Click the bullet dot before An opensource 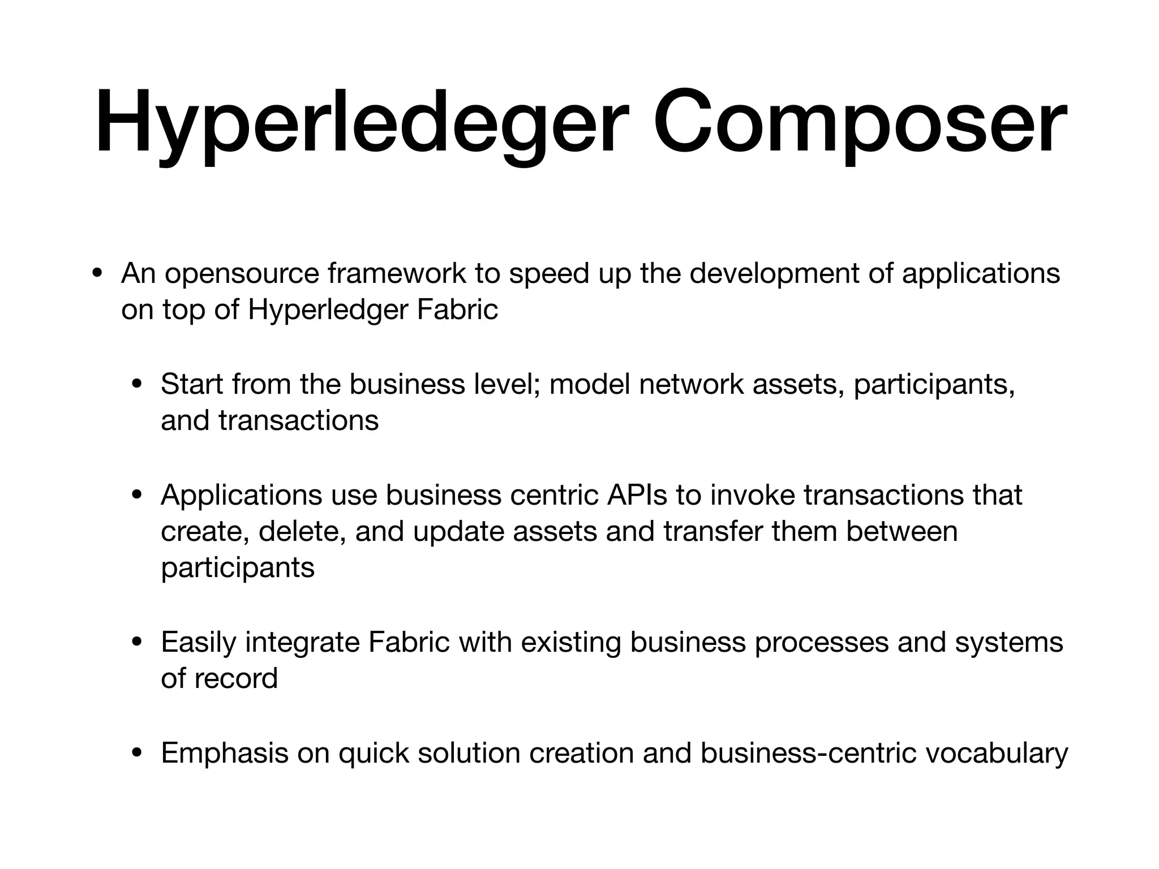pyautogui.click(x=97, y=274)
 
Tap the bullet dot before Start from pyautogui.click(x=137, y=385)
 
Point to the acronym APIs pyautogui.click(x=637, y=495)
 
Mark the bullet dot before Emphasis pyautogui.click(x=137, y=754)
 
